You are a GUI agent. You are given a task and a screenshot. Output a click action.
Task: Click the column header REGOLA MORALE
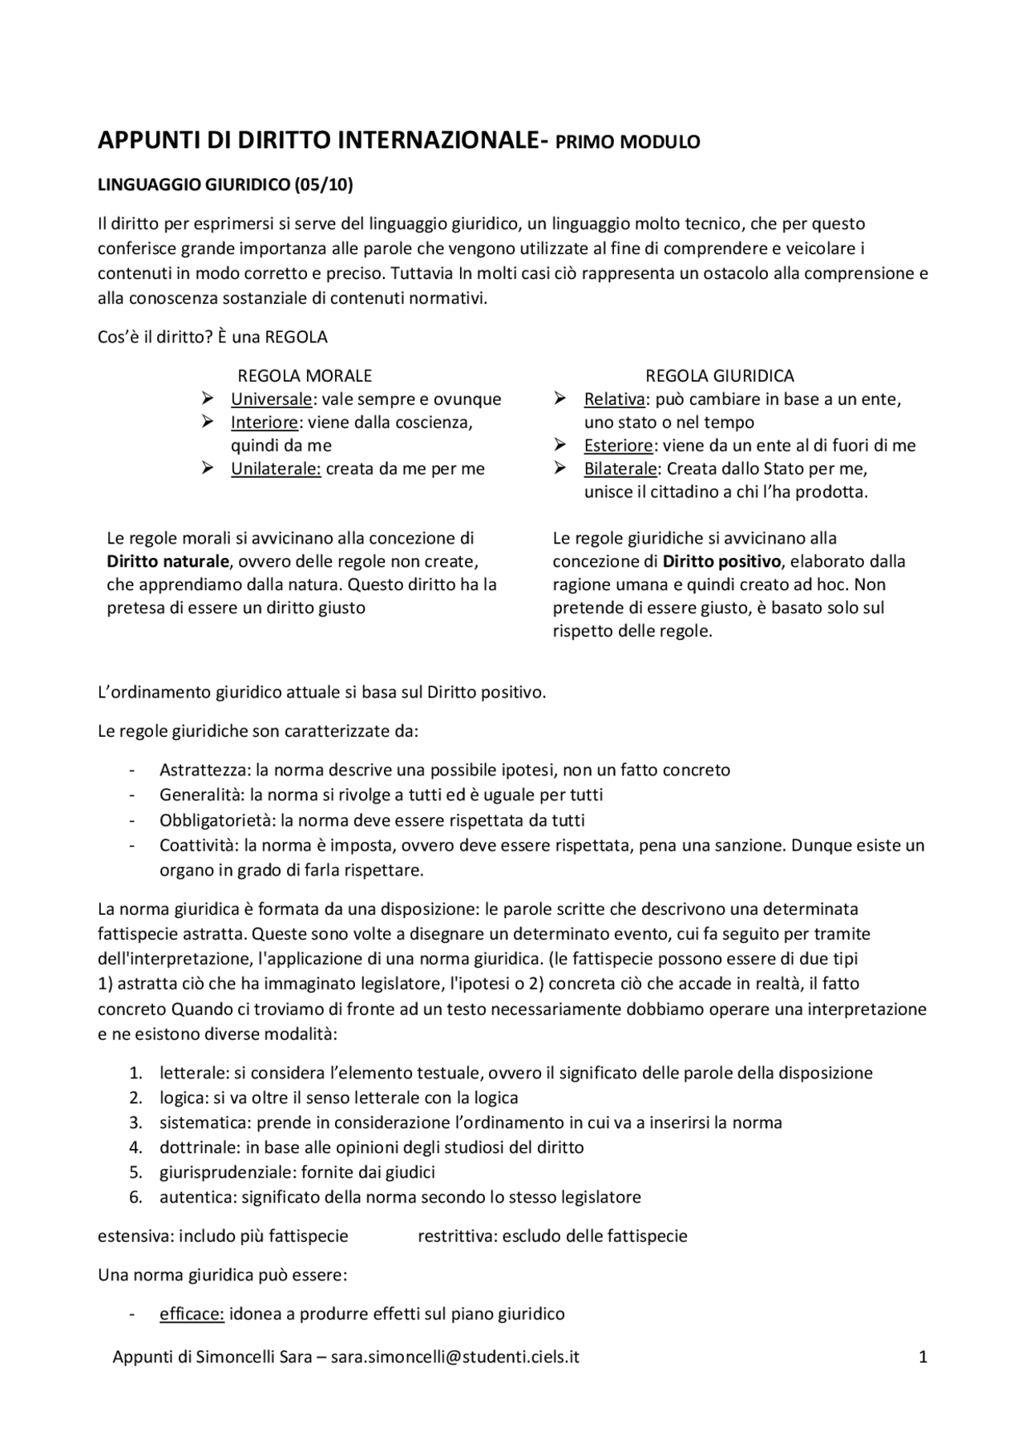tap(305, 375)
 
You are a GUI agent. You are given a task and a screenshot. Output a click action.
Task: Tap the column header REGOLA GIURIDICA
tap(720, 375)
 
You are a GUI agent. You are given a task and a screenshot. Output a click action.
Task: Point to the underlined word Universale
tap(272, 399)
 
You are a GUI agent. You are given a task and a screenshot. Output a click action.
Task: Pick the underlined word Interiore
tap(265, 423)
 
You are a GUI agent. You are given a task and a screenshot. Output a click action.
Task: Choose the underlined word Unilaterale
tap(276, 469)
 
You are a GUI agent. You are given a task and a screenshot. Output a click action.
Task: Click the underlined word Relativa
tap(615, 399)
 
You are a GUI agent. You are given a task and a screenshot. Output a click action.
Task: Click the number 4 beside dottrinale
tap(135, 1147)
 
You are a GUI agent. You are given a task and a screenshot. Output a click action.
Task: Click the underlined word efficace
tap(192, 1314)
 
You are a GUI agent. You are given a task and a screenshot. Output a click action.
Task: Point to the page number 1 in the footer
tap(923, 1357)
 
